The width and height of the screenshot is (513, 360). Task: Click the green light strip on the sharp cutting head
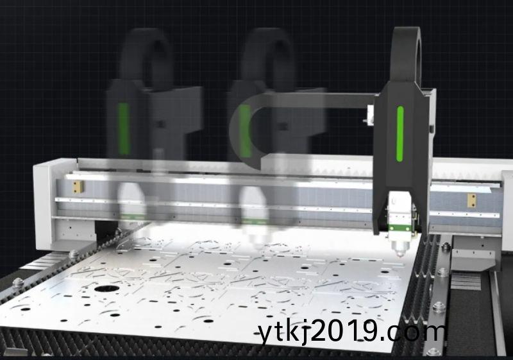click(x=399, y=134)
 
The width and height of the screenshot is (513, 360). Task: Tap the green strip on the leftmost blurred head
click(x=124, y=128)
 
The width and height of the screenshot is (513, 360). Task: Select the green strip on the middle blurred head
click(x=246, y=130)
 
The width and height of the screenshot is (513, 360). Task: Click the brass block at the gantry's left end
click(x=78, y=187)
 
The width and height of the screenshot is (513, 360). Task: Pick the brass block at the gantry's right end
click(x=471, y=200)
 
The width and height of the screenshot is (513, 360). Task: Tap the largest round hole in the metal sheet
click(x=106, y=289)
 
